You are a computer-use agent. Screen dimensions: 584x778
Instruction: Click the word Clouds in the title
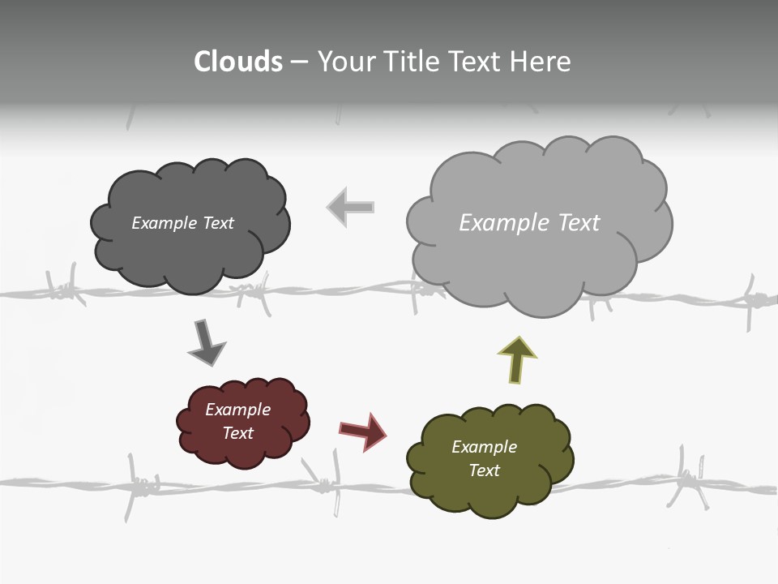click(238, 62)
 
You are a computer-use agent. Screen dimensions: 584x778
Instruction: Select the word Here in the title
click(540, 62)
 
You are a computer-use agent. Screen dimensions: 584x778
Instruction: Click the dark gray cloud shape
click(190, 251)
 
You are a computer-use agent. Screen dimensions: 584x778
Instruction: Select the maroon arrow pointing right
click(362, 431)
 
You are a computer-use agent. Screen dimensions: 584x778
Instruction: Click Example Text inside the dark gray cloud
click(182, 223)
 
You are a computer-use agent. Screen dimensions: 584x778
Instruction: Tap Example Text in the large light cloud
click(529, 223)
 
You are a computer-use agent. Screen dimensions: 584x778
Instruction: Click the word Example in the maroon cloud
click(237, 410)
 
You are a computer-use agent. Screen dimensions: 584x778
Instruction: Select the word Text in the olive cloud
click(484, 470)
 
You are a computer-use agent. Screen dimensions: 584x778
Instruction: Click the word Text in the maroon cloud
click(237, 433)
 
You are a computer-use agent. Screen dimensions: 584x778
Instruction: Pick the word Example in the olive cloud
click(484, 447)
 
